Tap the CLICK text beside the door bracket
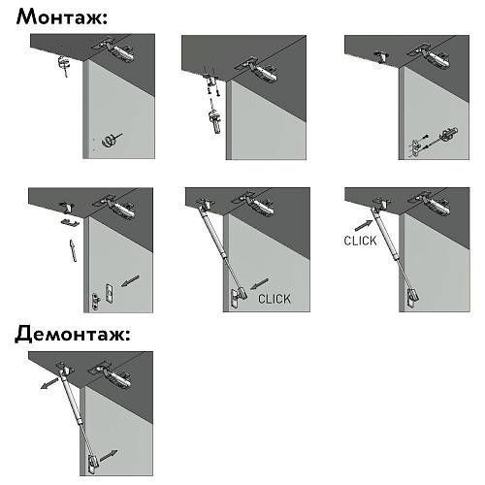[x=275, y=299]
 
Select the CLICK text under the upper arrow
[x=360, y=241]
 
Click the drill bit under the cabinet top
[x=64, y=66]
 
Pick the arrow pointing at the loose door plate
[x=130, y=280]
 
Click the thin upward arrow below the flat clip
[x=73, y=250]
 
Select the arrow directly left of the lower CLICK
[x=259, y=284]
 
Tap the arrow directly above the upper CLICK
[x=364, y=225]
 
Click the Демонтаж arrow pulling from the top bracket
[x=49, y=383]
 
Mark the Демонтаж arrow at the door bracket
[x=109, y=455]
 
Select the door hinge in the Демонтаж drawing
[x=111, y=375]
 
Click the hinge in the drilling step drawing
[x=114, y=50]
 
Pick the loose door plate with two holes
[x=110, y=293]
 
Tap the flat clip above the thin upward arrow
[x=69, y=222]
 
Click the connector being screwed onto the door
[x=448, y=134]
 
